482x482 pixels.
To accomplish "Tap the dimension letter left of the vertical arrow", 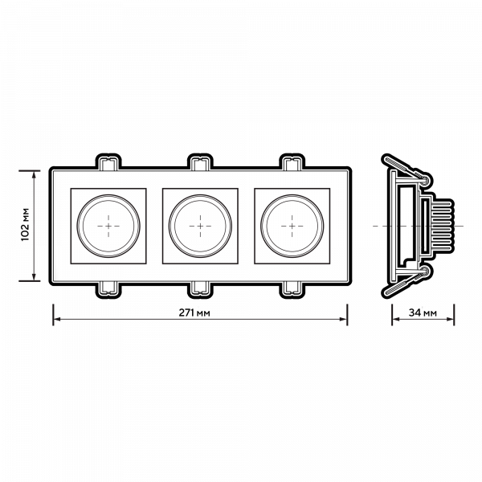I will (x=24, y=226).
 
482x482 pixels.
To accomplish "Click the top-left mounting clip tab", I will (x=108, y=160).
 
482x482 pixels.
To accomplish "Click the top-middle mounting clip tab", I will (x=200, y=160).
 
